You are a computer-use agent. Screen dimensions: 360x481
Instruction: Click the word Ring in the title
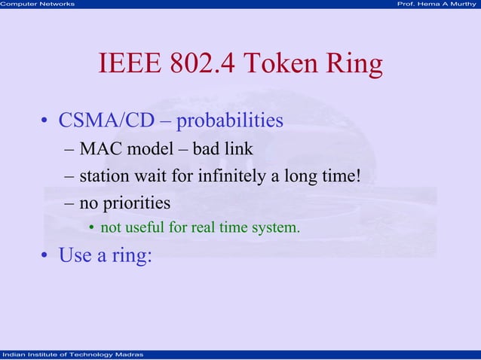(354, 65)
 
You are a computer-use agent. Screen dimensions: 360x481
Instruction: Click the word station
(103, 177)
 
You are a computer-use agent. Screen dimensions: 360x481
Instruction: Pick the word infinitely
(232, 177)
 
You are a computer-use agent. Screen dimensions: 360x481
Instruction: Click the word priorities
(136, 203)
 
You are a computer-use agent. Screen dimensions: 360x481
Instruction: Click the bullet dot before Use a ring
(44, 257)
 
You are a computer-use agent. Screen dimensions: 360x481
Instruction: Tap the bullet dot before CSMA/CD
(44, 122)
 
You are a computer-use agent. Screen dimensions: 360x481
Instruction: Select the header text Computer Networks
(38, 5)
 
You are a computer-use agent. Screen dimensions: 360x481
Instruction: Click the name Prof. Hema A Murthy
(436, 5)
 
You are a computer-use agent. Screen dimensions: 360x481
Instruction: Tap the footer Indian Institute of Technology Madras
(68, 355)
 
